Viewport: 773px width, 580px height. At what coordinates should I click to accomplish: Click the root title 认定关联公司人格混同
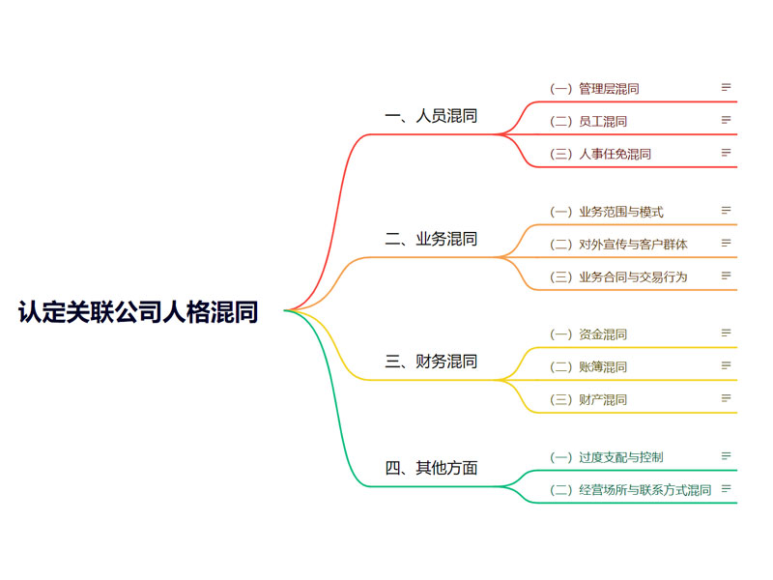coord(138,311)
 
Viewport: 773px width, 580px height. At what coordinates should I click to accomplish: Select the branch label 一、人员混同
coord(431,116)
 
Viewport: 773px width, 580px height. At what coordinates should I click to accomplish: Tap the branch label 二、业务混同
coord(431,239)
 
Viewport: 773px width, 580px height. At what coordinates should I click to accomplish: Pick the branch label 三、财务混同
coord(431,361)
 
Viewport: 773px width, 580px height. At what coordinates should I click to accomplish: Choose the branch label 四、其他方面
coord(431,468)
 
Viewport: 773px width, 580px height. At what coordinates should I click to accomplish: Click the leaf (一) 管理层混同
coord(594,89)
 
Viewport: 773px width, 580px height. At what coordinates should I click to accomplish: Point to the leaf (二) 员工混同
coord(588,122)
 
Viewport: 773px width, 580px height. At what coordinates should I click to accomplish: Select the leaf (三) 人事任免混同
coord(600,154)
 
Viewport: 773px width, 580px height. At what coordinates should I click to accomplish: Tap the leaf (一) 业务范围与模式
coord(607,212)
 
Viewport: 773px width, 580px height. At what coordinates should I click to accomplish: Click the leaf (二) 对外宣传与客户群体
coord(618,245)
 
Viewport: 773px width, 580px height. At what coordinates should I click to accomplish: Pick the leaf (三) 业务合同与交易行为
coord(618,276)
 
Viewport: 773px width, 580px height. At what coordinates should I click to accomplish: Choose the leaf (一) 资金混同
coord(588,334)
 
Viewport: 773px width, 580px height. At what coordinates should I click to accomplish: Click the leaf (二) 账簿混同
coord(588,367)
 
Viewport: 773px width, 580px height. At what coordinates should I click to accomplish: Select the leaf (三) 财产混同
coord(588,399)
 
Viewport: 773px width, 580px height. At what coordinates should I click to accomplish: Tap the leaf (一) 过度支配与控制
coord(607,457)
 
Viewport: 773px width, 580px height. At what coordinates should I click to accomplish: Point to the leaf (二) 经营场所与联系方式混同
coord(631,490)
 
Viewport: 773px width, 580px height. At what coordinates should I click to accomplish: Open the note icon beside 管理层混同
coord(726,87)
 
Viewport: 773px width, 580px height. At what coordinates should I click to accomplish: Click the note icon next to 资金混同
coord(726,333)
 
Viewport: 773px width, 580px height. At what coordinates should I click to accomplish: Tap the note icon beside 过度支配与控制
coord(726,455)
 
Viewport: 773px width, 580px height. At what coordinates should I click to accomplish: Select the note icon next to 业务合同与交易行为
coord(726,275)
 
